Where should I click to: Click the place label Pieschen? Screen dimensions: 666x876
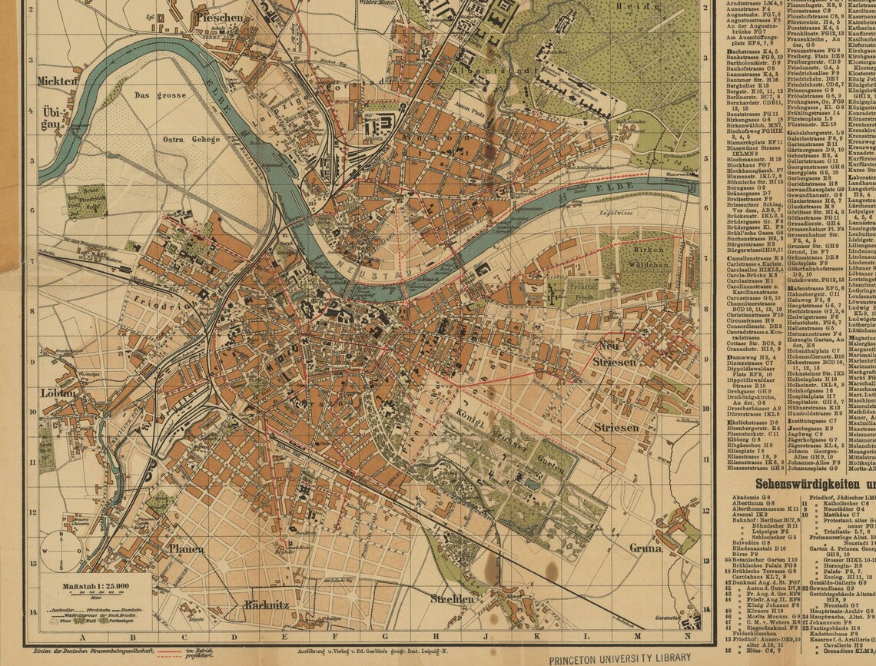(x=222, y=16)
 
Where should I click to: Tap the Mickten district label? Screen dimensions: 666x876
(x=58, y=80)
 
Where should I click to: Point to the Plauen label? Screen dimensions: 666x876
(x=187, y=548)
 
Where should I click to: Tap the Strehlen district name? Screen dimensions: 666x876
(x=451, y=598)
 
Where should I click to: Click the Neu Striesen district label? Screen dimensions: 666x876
(x=614, y=354)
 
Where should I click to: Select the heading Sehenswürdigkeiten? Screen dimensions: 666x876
(x=815, y=484)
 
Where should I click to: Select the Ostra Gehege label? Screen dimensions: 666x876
(x=191, y=139)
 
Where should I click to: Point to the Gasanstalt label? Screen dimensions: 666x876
(x=665, y=618)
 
